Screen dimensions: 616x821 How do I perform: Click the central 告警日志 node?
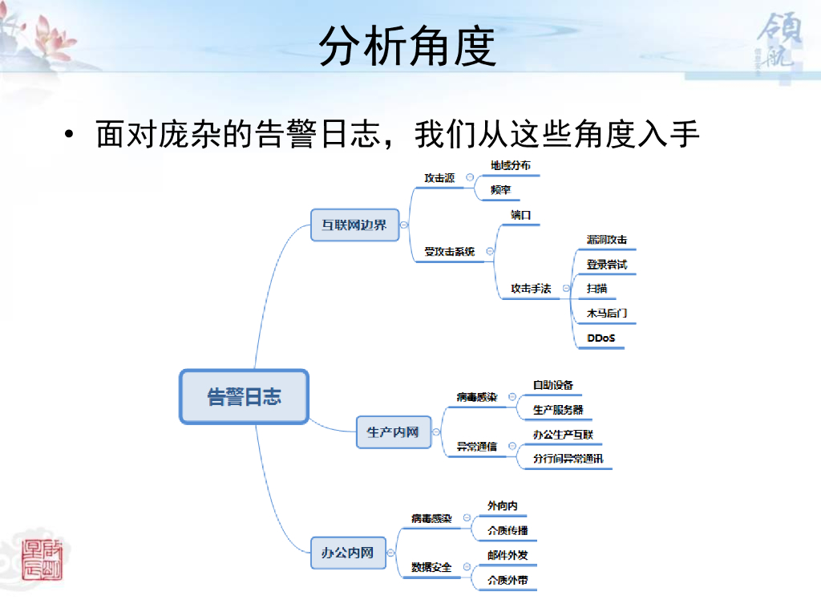pyautogui.click(x=244, y=396)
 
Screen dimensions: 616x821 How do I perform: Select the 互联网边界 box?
pyautogui.click(x=354, y=225)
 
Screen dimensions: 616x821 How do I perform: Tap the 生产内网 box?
pyautogui.click(x=393, y=432)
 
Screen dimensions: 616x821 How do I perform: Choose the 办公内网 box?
pyautogui.click(x=347, y=553)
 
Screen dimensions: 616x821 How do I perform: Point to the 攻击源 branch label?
pyautogui.click(x=439, y=178)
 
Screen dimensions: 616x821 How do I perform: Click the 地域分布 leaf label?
pyautogui.click(x=511, y=165)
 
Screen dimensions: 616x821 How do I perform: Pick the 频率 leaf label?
pyautogui.click(x=501, y=190)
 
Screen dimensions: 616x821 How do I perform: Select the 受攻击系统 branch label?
pyautogui.click(x=450, y=252)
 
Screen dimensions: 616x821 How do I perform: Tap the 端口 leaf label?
pyautogui.click(x=521, y=215)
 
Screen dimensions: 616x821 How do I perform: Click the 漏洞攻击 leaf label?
pyautogui.click(x=607, y=240)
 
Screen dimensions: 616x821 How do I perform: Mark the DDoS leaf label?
pyautogui.click(x=601, y=338)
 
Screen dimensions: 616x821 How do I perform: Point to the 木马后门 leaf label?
pyautogui.click(x=607, y=314)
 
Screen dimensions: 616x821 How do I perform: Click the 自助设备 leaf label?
pyautogui.click(x=553, y=386)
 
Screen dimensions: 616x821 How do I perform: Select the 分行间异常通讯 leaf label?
pyautogui.click(x=568, y=460)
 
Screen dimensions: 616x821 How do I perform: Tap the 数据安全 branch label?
pyautogui.click(x=431, y=567)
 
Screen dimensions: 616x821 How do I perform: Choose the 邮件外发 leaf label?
pyautogui.click(x=508, y=555)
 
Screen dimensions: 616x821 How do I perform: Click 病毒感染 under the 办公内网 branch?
pyautogui.click(x=431, y=519)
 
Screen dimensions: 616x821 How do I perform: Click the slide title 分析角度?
pyautogui.click(x=408, y=47)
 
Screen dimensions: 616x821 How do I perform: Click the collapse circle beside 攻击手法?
pyautogui.click(x=567, y=289)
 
